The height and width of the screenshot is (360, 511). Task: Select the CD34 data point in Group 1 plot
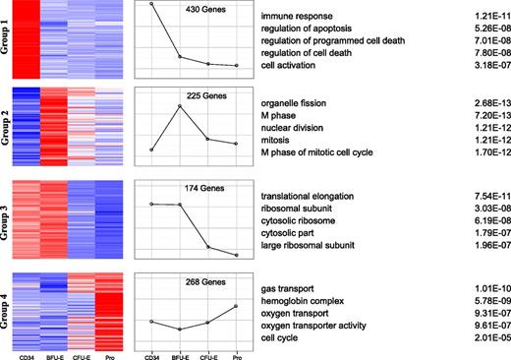[x=151, y=4]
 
